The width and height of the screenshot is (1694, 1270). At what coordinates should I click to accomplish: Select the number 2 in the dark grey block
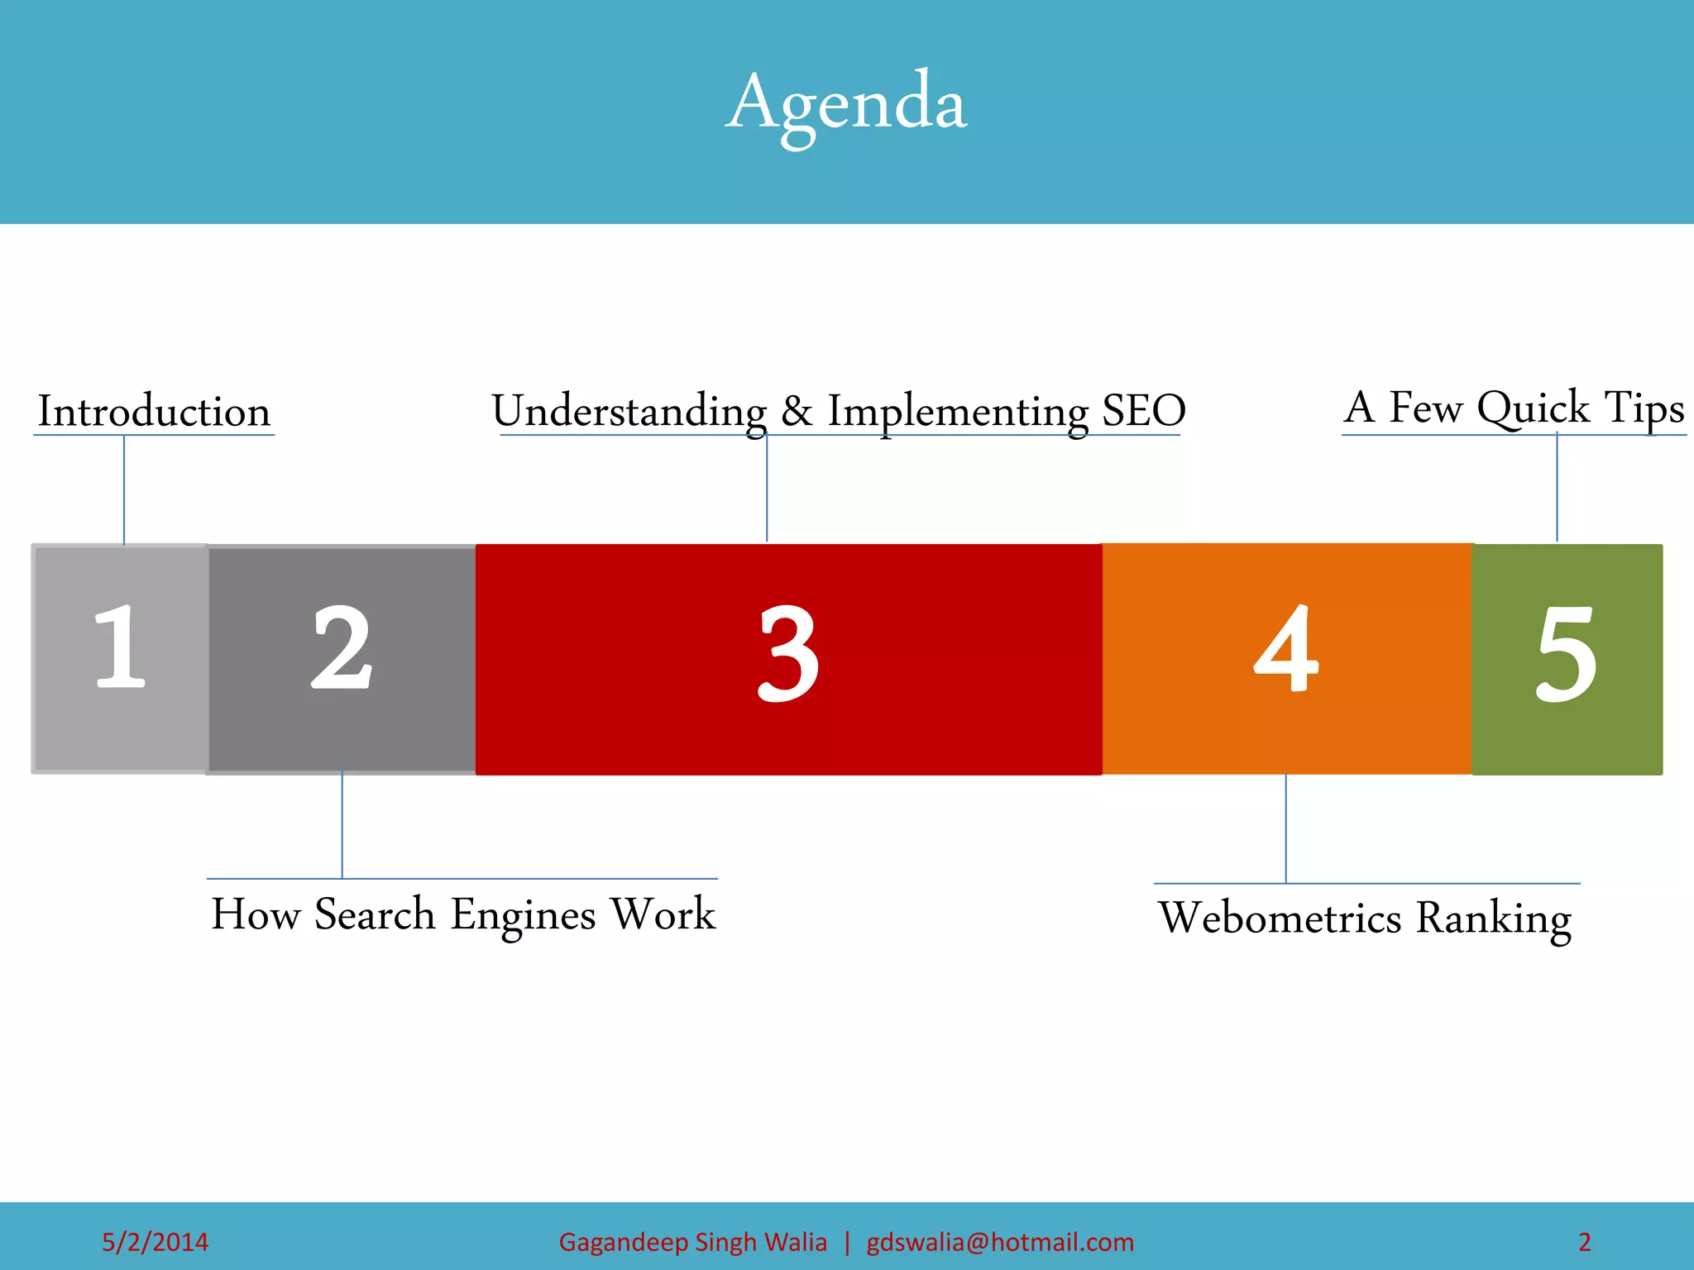point(342,647)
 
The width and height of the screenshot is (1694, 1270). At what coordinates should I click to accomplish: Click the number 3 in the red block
point(788,653)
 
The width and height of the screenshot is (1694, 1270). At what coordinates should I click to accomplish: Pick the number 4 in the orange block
point(1285,649)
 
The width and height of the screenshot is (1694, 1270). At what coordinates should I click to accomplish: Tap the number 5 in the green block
point(1566,653)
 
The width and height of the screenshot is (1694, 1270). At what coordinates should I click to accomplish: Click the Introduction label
point(155,411)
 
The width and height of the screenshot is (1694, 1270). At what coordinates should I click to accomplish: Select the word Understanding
point(629,411)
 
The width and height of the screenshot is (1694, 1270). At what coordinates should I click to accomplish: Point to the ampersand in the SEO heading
point(797,411)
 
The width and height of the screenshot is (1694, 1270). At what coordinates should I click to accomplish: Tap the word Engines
point(523,914)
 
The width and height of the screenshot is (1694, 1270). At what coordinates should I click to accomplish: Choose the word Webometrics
point(1280,918)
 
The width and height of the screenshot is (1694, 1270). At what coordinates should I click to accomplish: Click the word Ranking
point(1493,918)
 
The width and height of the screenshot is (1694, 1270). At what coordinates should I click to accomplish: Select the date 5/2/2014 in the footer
point(155,1242)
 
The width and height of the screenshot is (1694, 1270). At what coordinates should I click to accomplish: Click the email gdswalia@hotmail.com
point(999,1242)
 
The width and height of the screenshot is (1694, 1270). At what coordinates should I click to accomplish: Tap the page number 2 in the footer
point(1584,1242)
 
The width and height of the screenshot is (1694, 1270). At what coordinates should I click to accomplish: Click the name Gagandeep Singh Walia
point(692,1242)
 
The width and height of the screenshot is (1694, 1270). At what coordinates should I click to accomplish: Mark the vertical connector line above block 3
point(767,488)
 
